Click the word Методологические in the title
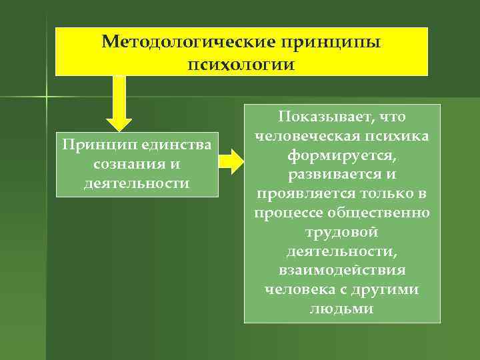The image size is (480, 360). click(189, 43)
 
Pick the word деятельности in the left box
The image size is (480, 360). click(137, 182)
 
